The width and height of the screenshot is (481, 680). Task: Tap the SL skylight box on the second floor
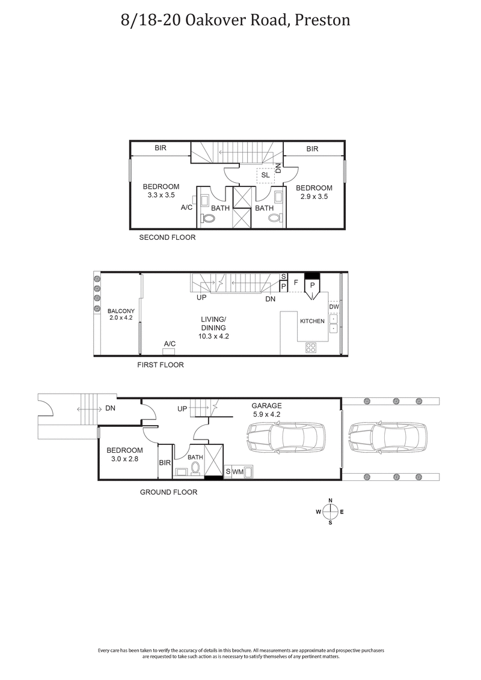(x=265, y=175)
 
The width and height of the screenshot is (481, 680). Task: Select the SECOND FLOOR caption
(x=167, y=237)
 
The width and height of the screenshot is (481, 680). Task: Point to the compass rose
(x=330, y=512)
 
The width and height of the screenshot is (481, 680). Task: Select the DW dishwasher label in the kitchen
(x=334, y=307)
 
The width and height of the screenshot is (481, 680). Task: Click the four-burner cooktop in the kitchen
(x=311, y=347)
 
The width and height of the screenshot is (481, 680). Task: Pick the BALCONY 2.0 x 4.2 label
(x=121, y=314)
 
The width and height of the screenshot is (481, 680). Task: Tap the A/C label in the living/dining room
(x=170, y=343)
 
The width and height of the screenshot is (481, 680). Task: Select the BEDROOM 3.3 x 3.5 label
(x=161, y=191)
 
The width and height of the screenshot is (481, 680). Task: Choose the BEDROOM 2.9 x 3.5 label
(x=314, y=191)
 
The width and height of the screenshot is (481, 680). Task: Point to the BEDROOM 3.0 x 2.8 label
(x=124, y=455)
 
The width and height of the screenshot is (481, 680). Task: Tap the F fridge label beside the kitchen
(x=295, y=281)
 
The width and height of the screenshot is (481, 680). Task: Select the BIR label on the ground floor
(x=165, y=463)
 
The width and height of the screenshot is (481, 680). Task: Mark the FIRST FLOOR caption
(x=161, y=365)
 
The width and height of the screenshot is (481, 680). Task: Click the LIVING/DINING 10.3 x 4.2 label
(x=213, y=328)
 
